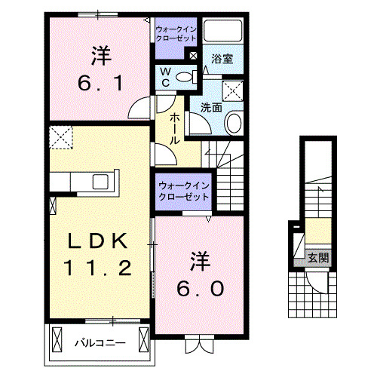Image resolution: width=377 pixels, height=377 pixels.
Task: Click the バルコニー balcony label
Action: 100,342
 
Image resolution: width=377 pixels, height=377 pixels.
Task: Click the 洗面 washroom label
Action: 210,108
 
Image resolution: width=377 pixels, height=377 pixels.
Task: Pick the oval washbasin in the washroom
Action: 234,123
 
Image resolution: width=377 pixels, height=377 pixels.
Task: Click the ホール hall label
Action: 175,127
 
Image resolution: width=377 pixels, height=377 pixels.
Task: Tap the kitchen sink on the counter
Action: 100,182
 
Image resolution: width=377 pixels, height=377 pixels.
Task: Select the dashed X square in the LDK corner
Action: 60,137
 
